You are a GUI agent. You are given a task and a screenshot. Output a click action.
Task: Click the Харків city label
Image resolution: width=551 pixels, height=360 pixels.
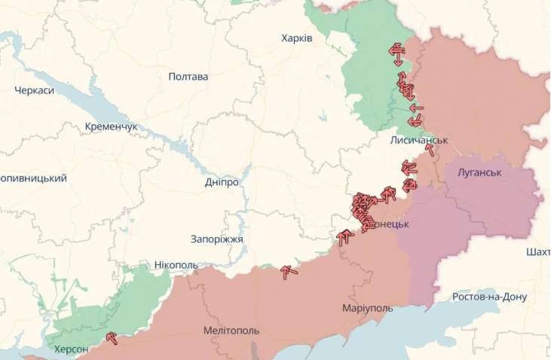point(296,38)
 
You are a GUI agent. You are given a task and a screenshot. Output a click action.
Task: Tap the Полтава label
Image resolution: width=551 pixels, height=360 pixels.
point(188,76)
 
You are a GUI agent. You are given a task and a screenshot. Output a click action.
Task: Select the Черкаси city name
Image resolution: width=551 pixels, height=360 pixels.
point(34,90)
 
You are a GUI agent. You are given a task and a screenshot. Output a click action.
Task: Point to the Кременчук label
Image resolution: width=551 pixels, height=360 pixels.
point(111,127)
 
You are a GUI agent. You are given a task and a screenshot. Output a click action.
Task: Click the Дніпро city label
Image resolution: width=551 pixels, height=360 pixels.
point(222,182)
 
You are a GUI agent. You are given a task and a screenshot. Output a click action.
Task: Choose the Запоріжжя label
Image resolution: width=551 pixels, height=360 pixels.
point(217,239)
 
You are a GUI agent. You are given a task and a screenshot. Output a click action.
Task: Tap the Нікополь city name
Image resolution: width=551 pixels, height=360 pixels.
point(176,265)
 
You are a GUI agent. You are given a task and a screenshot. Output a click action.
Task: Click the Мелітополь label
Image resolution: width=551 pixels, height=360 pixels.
point(231,331)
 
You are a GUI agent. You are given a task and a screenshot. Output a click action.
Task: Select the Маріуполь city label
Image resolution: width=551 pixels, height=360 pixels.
point(368,309)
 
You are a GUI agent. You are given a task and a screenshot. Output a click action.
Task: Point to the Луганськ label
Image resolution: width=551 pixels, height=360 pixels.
point(479,172)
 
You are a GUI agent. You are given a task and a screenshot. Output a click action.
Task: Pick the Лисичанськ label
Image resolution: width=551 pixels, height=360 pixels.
point(419,140)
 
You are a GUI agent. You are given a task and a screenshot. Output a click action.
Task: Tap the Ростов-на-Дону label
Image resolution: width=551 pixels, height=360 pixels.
point(489,297)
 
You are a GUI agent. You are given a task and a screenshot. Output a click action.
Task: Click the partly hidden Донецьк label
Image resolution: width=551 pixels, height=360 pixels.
point(390,224)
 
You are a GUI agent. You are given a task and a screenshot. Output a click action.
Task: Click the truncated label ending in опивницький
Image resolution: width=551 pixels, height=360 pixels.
point(33,178)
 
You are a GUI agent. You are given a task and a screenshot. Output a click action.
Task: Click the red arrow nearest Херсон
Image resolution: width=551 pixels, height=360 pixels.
point(112,338)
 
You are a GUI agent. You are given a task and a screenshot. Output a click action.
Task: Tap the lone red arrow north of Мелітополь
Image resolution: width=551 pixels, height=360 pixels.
point(289,272)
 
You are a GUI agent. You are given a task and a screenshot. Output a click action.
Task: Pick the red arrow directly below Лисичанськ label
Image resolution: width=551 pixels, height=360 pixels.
point(430,149)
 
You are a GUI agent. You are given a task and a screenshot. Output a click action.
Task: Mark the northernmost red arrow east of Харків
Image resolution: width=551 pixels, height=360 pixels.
point(396,50)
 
